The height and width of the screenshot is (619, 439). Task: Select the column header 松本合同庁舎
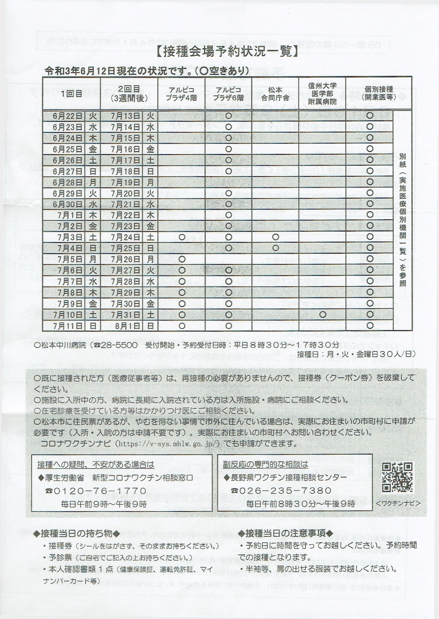pos(275,93)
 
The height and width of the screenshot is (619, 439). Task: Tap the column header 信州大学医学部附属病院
pos(322,93)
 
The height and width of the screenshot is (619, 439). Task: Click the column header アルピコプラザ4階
pos(181,93)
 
